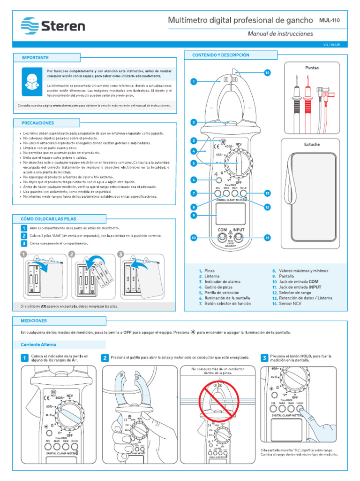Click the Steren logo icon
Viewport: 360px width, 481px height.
[x=31, y=24]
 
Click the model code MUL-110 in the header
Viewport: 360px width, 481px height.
[x=330, y=20]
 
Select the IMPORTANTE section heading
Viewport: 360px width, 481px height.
[x=35, y=57]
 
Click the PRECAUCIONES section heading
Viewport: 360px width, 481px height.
[x=38, y=123]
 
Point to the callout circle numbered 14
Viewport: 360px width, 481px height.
[x=268, y=73]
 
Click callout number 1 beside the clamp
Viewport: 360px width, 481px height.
[x=193, y=82]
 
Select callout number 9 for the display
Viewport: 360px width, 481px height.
[x=193, y=215]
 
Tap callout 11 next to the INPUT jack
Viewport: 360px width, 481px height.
[x=268, y=238]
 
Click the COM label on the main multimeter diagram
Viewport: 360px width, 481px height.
[x=222, y=230]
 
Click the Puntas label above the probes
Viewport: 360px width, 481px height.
[x=312, y=68]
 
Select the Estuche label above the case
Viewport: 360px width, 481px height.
[x=312, y=144]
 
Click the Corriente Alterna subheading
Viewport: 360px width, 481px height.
[x=38, y=344]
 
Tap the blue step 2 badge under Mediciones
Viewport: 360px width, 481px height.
[x=105, y=358]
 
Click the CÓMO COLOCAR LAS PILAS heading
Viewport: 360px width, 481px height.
[x=48, y=219]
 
